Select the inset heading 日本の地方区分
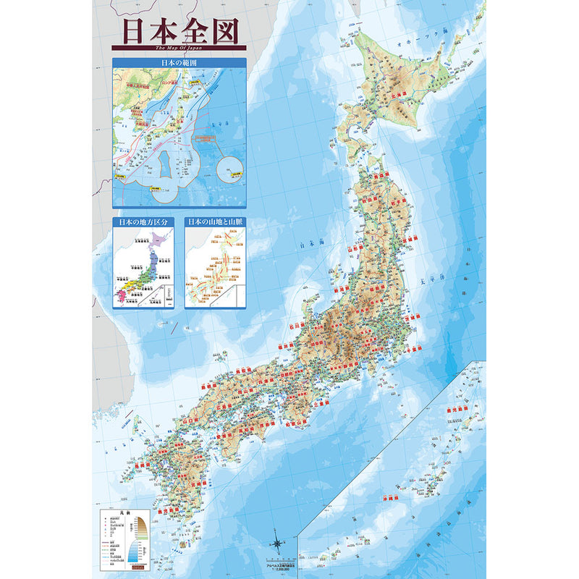(x=143, y=222)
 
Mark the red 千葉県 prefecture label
(x=415, y=347)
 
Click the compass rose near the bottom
(x=277, y=541)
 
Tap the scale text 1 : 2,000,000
(x=281, y=569)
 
